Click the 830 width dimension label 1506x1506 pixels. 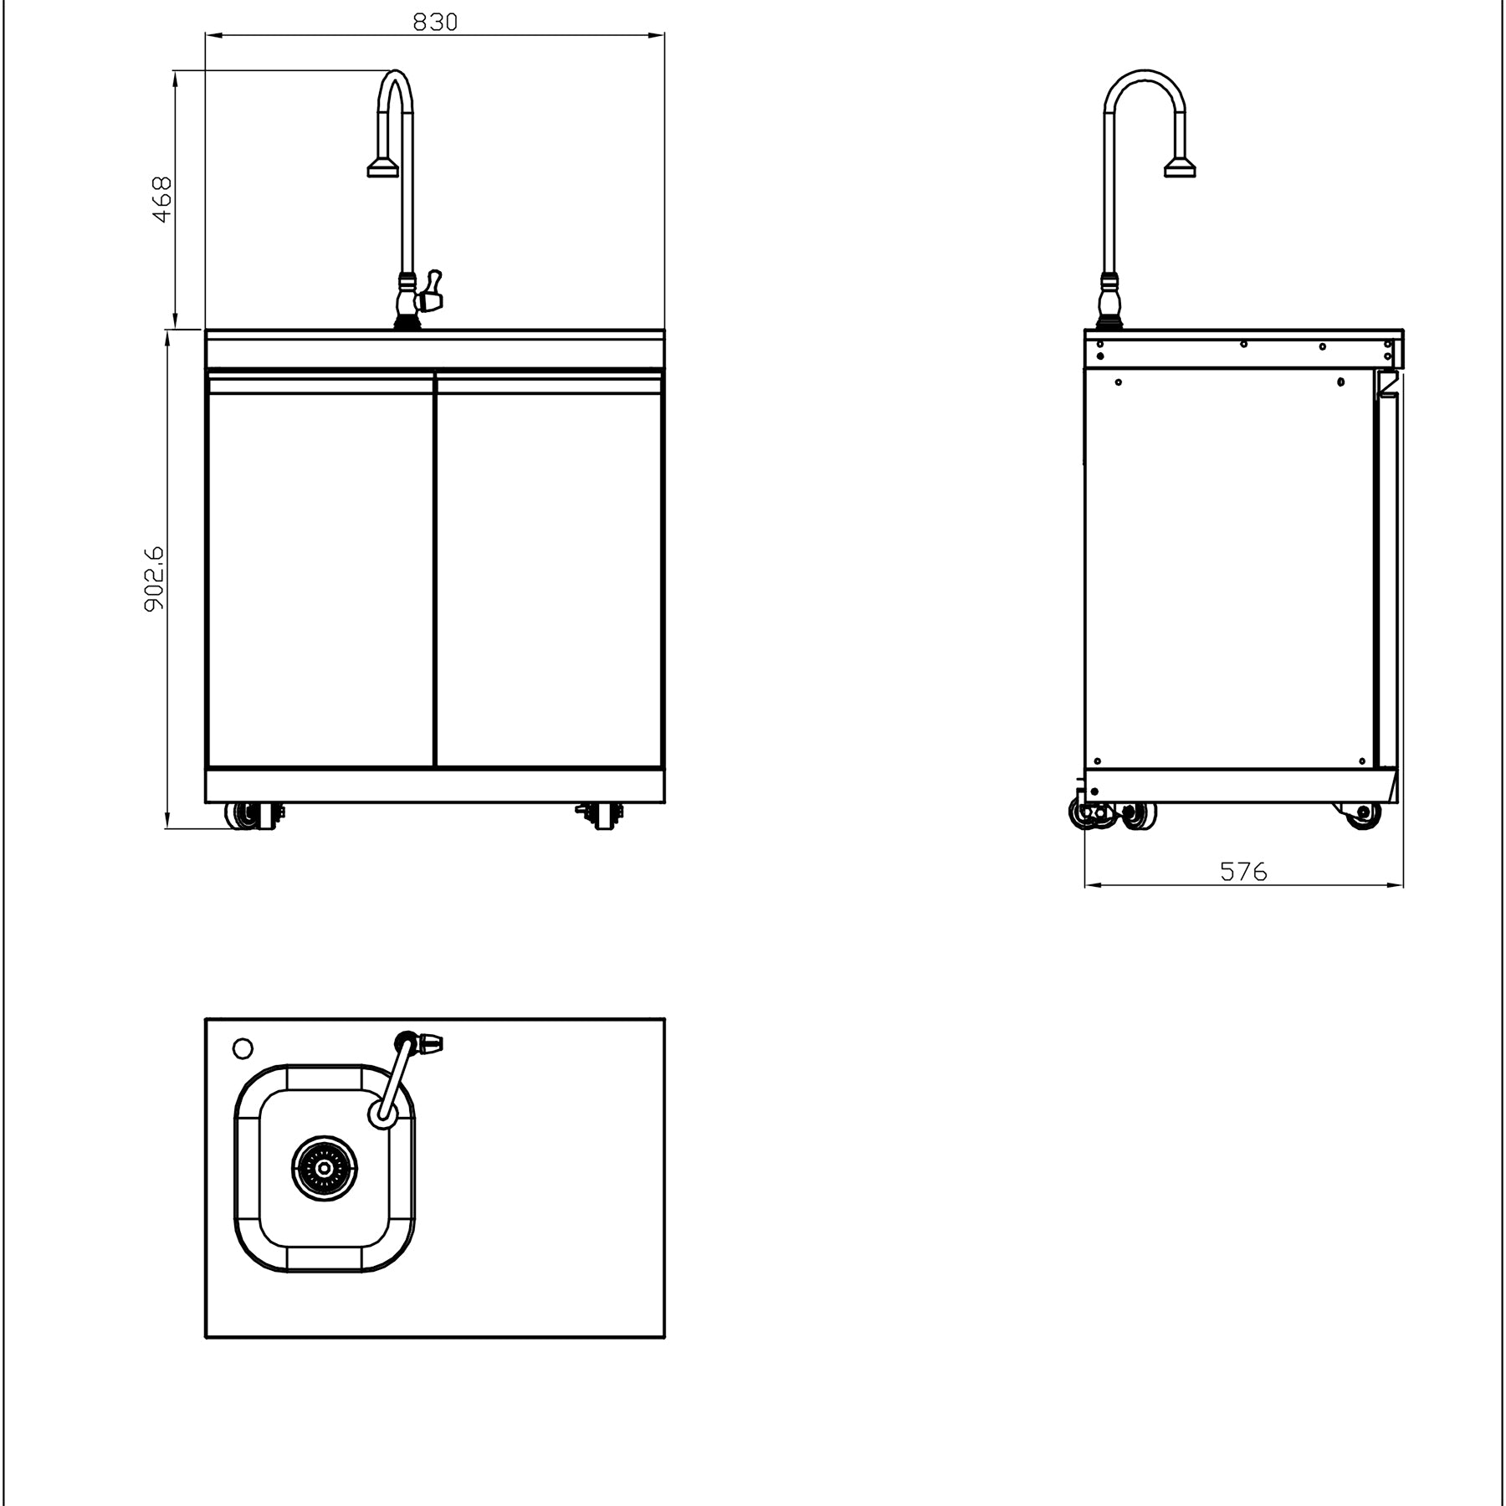click(x=435, y=22)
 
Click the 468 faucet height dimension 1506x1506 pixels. click(x=161, y=199)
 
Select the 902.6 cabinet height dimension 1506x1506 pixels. click(x=155, y=579)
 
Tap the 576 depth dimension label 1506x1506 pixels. click(x=1243, y=872)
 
